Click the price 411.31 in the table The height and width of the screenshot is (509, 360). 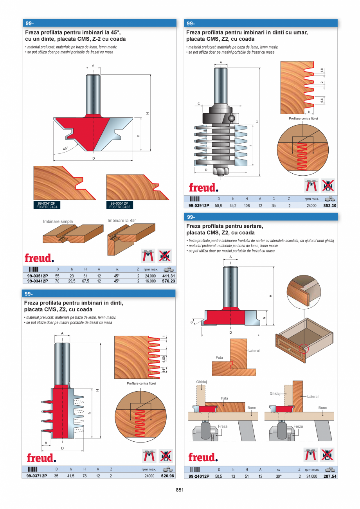click(x=169, y=275)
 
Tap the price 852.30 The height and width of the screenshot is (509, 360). click(x=330, y=205)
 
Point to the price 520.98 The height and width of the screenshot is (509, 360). click(x=168, y=476)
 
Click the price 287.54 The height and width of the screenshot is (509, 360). click(x=330, y=477)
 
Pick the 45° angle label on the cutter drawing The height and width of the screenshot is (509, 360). click(x=65, y=149)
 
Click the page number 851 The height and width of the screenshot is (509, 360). click(x=180, y=490)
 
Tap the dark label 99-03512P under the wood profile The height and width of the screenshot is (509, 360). click(x=122, y=203)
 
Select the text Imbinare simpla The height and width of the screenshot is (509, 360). click(x=58, y=221)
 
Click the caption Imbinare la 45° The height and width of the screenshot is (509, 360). click(x=122, y=221)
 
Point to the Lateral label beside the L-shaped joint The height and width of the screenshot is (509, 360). click(x=254, y=351)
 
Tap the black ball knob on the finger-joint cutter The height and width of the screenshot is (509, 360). click(x=232, y=118)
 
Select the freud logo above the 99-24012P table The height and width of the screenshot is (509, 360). click(x=203, y=457)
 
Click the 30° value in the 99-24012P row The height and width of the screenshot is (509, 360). click(x=279, y=477)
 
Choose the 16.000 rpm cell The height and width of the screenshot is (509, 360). click(x=150, y=281)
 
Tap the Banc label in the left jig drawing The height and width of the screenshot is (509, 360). click(x=252, y=408)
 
